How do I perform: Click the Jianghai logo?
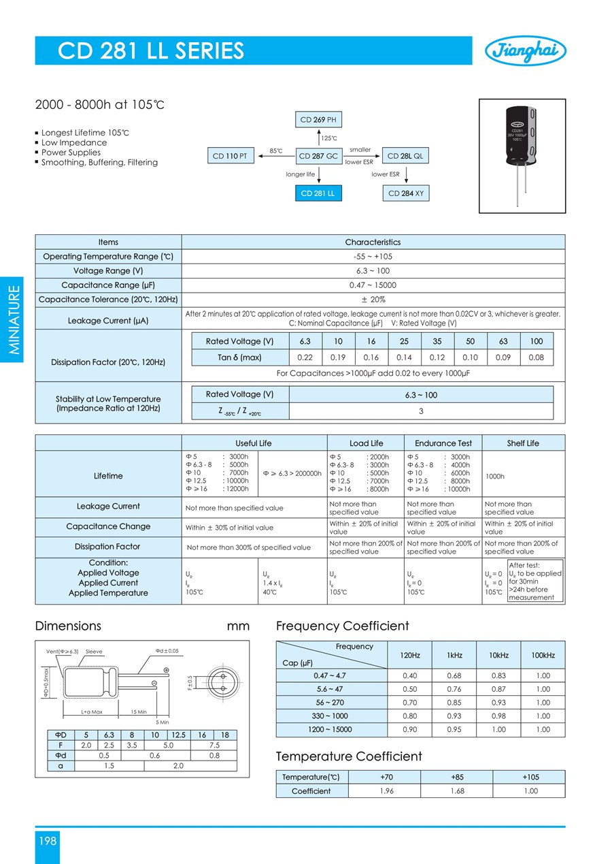coord(526,50)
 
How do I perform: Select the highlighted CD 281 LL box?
coord(318,193)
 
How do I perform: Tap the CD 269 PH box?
coord(318,120)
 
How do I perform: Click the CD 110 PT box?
coord(231,156)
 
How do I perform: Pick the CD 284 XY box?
coord(406,193)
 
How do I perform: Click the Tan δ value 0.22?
coord(305,357)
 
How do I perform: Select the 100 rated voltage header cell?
coord(537,341)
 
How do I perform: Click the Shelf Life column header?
coord(523,443)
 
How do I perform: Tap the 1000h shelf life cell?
coord(494,477)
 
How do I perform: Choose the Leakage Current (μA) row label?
coord(108,320)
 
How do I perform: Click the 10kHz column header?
coord(498,655)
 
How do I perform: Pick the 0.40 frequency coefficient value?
coord(410,675)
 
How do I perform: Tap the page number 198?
coord(47,841)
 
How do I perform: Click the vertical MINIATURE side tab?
coord(13,320)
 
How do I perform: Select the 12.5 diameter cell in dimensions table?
coord(178,735)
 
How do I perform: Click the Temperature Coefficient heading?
coord(349,756)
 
